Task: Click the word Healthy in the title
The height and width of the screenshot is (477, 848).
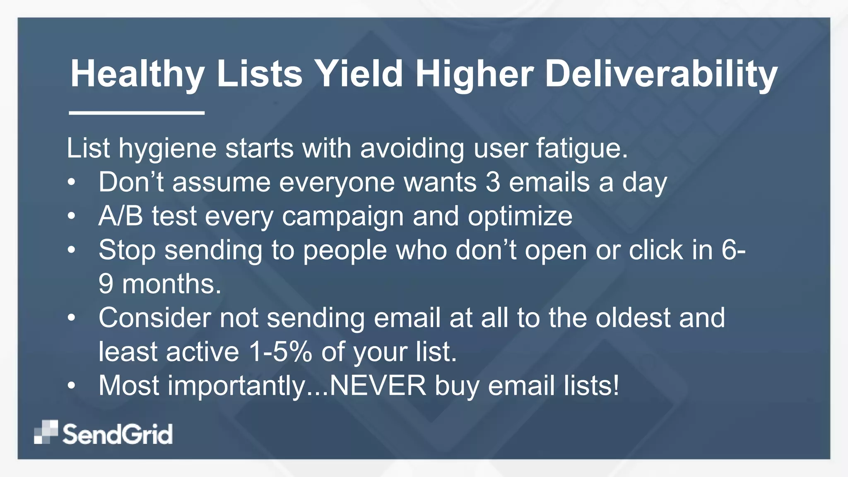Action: tap(137, 75)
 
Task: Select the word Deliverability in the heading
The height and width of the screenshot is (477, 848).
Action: tap(661, 75)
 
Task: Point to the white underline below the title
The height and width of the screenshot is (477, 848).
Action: tap(137, 113)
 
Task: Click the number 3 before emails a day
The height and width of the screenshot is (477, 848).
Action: tap(493, 182)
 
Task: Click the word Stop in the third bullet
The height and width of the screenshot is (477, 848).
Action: tap(127, 251)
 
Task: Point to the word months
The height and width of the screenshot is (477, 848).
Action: tap(171, 284)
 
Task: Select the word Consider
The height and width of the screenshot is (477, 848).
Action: tap(154, 318)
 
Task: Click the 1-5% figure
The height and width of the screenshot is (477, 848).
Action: tap(280, 352)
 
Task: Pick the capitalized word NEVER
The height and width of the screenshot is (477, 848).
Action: tap(378, 386)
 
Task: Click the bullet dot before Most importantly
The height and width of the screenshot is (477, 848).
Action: tap(72, 386)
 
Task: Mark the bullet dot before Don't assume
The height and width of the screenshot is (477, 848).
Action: tap(72, 182)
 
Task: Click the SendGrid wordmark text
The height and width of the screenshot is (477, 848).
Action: tap(118, 434)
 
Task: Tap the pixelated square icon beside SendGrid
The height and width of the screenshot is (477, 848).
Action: tap(46, 432)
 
